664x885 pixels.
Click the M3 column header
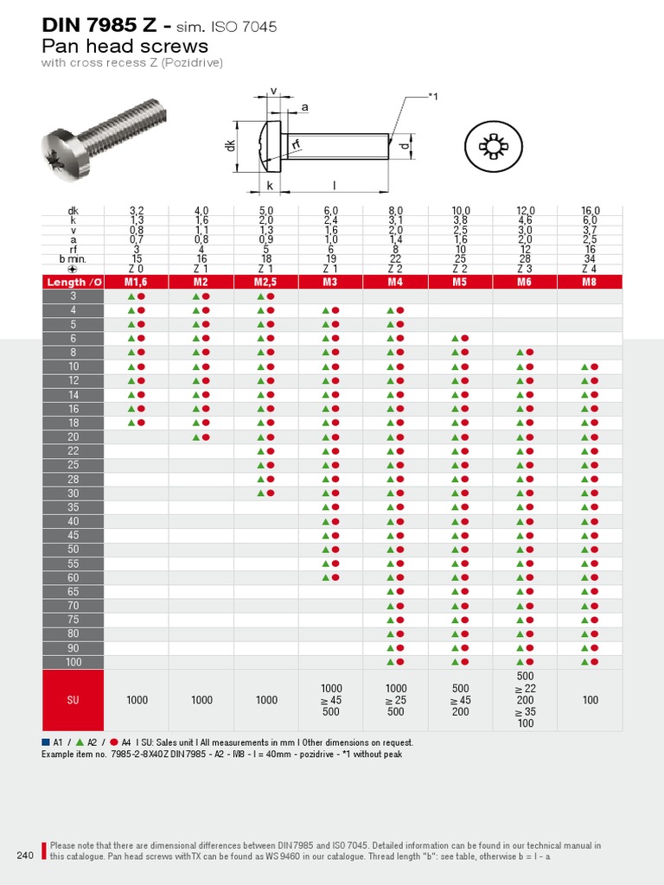330,282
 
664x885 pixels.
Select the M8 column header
590,282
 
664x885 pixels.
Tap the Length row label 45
73,535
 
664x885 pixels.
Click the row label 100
73,662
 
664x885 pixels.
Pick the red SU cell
73,700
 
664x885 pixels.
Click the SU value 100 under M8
590,700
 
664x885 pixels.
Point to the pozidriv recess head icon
494,148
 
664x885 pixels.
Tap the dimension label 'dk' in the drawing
231,146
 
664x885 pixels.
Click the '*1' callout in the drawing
433,97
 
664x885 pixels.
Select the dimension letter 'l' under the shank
335,185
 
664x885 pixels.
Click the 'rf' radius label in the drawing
296,146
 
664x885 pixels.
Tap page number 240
25,856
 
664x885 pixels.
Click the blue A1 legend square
46,742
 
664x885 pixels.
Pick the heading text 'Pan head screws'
124,46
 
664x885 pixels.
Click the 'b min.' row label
73,259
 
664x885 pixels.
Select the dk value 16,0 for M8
590,211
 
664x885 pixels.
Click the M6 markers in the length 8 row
525,353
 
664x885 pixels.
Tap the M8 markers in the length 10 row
590,366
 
